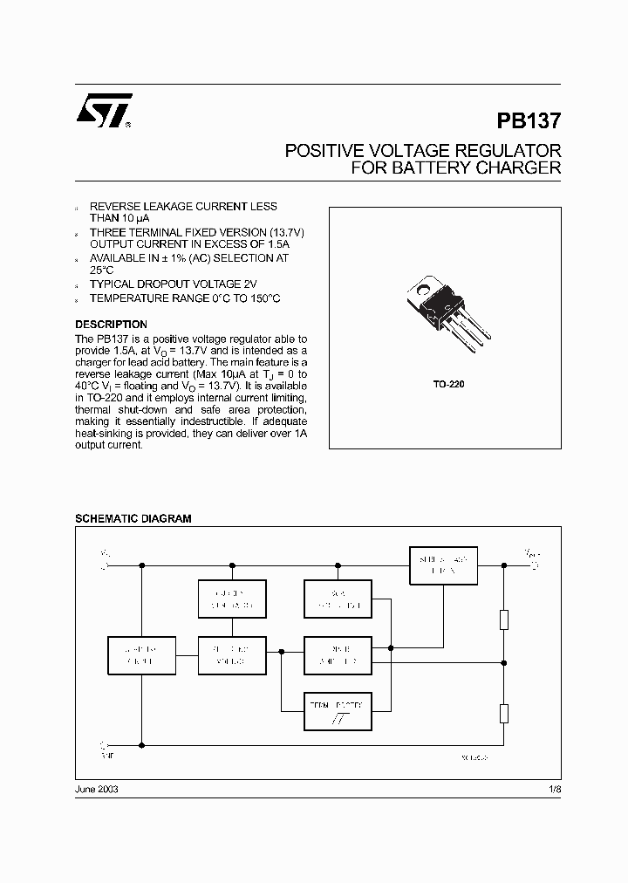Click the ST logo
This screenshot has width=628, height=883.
(x=104, y=112)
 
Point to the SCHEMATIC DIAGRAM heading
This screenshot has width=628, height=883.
(x=133, y=518)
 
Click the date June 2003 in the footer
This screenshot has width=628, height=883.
(x=97, y=788)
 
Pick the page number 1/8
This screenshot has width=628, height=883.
(x=553, y=788)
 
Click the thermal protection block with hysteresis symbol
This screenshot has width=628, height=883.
(x=337, y=712)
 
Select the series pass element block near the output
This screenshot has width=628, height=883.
(x=444, y=565)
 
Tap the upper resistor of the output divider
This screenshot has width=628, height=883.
(x=503, y=619)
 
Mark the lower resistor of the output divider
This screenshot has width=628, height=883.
(x=503, y=713)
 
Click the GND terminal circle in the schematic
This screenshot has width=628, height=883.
(x=106, y=745)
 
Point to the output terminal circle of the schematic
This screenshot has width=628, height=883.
(x=535, y=565)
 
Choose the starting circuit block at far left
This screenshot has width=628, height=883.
(x=140, y=656)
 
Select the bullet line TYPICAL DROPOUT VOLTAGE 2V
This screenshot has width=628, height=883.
(x=174, y=284)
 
